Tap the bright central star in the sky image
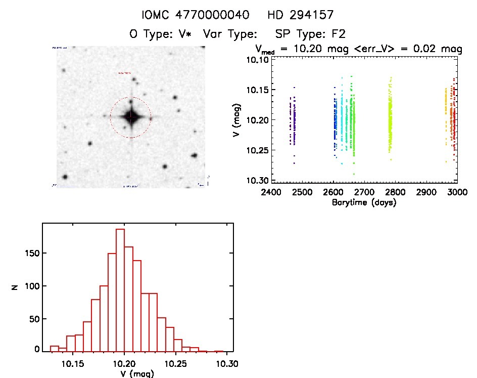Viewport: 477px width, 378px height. click(x=131, y=117)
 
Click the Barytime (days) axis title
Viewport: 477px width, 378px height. click(x=364, y=202)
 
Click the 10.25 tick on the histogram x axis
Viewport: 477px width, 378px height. click(x=177, y=363)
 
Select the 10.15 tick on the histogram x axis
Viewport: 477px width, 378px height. click(x=73, y=363)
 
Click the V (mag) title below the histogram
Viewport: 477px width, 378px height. click(x=131, y=374)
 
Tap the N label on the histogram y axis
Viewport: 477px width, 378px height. click(x=15, y=287)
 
